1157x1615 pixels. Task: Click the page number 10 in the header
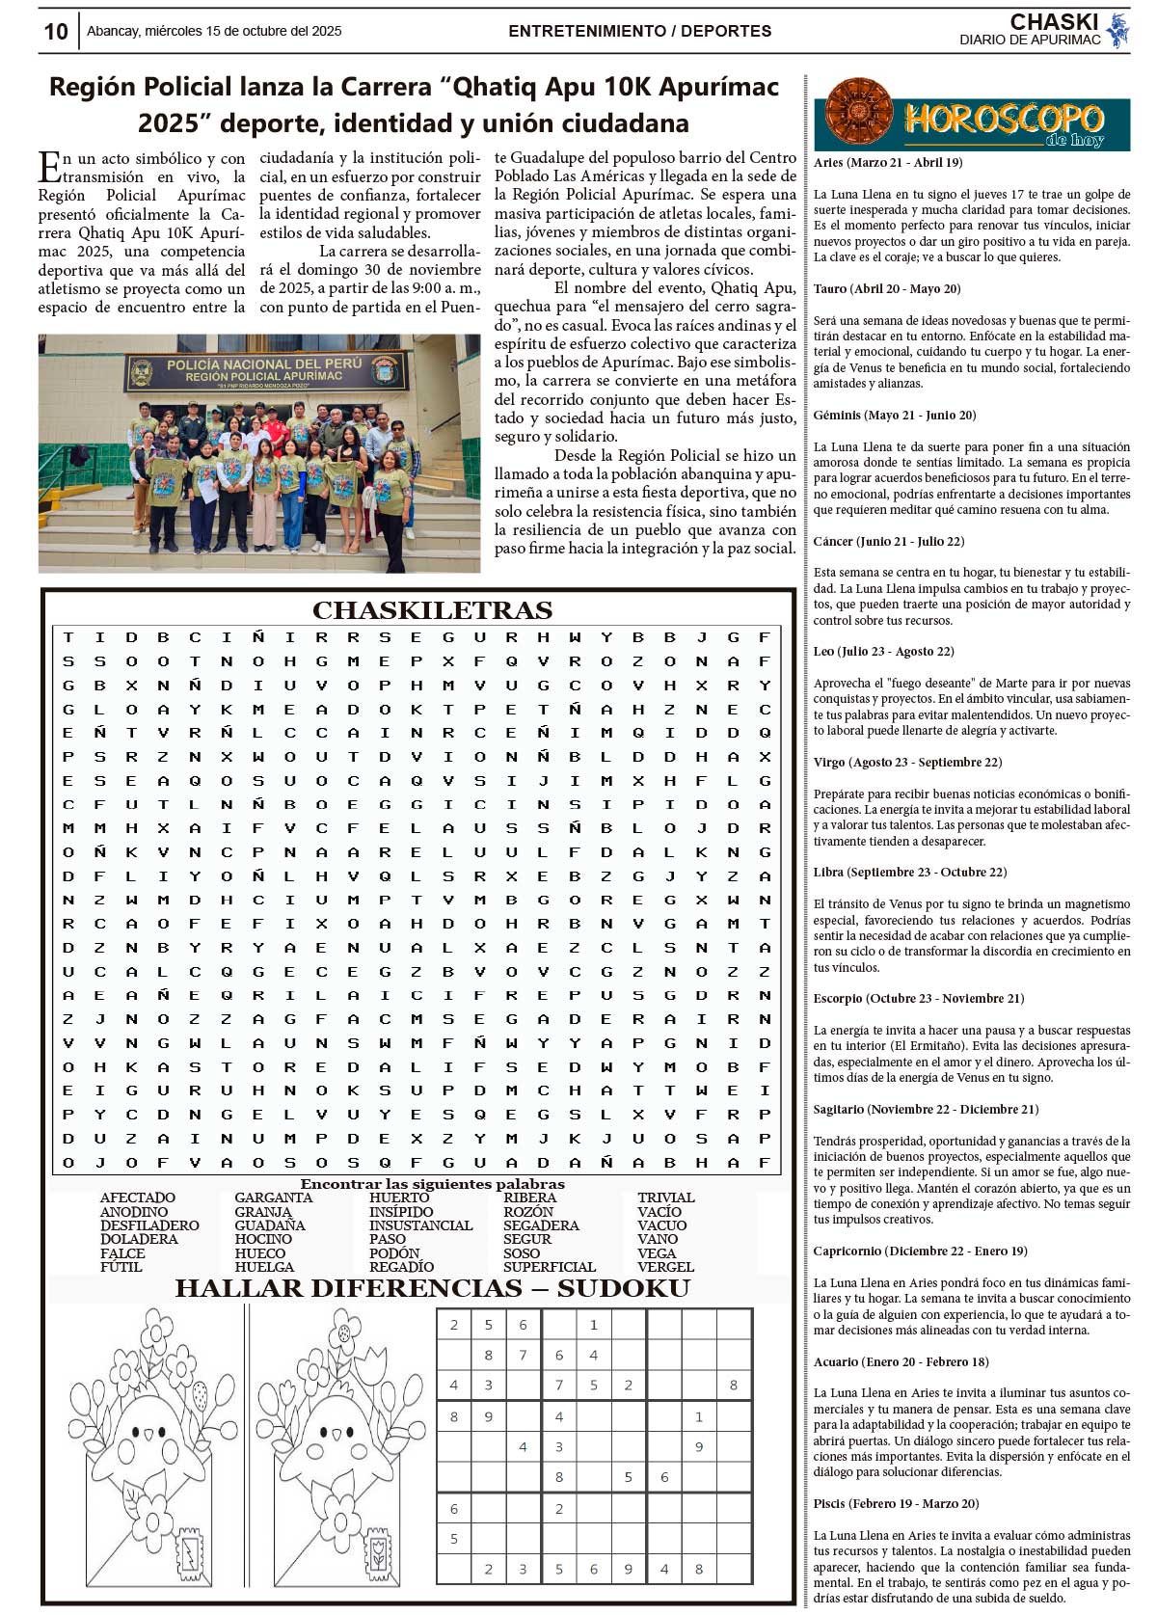(x=56, y=32)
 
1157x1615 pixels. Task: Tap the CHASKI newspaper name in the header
(x=1054, y=22)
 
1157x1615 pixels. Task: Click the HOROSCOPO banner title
(x=1003, y=120)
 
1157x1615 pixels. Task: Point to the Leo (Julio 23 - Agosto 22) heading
(x=883, y=652)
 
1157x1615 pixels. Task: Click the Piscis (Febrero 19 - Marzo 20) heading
(x=896, y=1504)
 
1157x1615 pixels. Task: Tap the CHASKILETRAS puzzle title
(x=432, y=610)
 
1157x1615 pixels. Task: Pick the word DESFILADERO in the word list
(x=149, y=1225)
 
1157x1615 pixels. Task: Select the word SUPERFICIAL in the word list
(x=550, y=1267)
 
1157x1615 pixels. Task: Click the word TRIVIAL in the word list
(x=665, y=1198)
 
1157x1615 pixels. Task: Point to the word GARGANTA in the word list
(x=273, y=1198)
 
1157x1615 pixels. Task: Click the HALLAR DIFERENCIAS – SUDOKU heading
(x=432, y=1289)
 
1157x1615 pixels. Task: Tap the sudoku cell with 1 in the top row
(x=593, y=1325)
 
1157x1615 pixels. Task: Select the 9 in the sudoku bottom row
(x=628, y=1569)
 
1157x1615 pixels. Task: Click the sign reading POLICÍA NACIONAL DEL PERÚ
(x=264, y=363)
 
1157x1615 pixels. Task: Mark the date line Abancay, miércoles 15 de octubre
(x=214, y=31)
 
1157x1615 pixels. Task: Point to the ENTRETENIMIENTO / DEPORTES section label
(x=639, y=31)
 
